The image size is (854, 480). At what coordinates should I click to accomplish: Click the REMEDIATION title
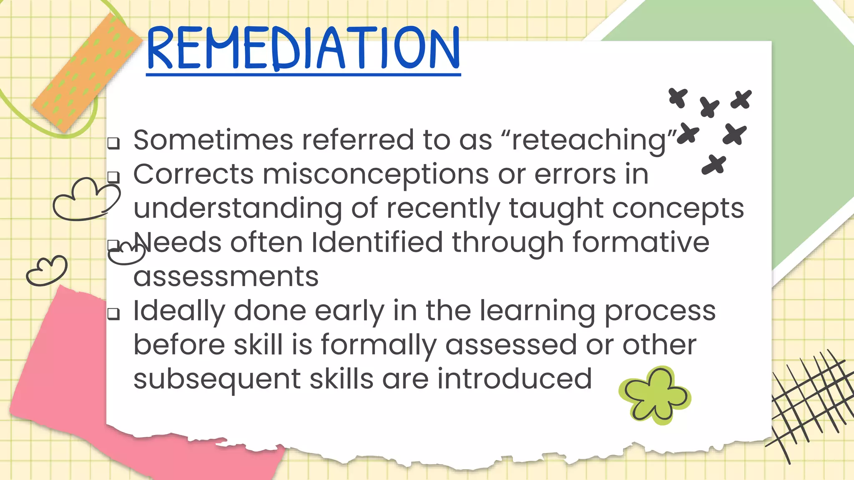303,48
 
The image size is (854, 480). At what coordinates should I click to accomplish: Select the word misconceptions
375,175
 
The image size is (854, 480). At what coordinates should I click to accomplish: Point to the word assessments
226,277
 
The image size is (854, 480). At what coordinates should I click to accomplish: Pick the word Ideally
179,311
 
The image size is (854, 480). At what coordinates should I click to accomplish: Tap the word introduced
514,379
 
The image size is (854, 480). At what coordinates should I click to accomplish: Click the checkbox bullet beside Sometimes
113,143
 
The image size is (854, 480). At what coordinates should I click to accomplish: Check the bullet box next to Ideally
113,314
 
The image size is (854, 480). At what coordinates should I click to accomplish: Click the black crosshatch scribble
809,404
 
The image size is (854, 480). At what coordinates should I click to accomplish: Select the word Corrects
193,174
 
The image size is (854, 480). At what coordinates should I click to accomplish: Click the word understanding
237,209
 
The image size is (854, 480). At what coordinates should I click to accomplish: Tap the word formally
378,345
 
